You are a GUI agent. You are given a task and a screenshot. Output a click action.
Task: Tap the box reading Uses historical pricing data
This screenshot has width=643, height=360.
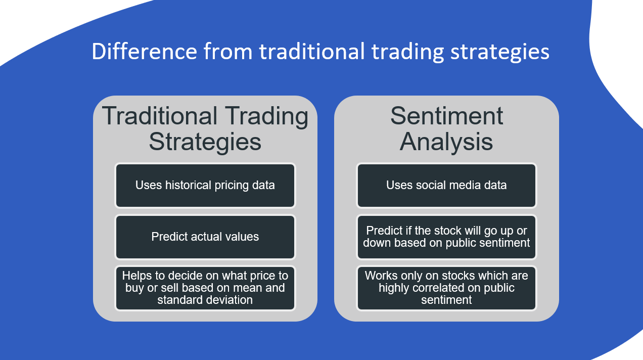[205, 186]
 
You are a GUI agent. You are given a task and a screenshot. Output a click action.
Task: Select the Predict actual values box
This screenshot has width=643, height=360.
[205, 237]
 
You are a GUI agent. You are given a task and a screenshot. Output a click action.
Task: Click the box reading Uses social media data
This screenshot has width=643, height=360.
[446, 186]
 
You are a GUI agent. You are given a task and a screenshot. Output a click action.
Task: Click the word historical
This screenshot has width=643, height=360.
[190, 186]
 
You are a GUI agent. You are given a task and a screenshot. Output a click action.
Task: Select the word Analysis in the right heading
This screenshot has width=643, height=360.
[446, 142]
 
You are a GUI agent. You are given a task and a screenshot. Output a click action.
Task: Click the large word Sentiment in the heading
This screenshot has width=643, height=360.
[446, 116]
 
